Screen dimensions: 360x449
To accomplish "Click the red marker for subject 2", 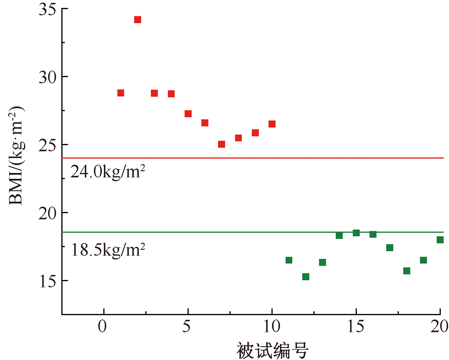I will pos(138,20).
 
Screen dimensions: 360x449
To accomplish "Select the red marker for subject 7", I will pos(222,144).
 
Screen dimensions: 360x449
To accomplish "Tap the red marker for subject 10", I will pos(272,124).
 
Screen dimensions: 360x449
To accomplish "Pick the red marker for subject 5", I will pos(188,114).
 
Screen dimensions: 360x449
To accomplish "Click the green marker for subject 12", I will pos(306,277).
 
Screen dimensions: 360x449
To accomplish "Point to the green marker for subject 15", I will pos(356,233).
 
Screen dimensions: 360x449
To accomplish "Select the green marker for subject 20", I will pos(440,240).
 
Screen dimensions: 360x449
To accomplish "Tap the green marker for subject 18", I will pos(407,271).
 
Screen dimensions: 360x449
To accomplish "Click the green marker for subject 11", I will pos(289,260).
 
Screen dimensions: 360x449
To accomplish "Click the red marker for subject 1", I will pos(121,93).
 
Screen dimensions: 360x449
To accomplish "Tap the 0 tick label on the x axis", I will pos(102,327).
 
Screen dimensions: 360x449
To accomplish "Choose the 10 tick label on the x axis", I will pos(272,327).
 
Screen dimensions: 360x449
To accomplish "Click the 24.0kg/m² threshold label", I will pos(108,172).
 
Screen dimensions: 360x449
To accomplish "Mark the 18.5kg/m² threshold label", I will pos(108,250).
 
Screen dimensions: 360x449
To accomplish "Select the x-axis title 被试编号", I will pos(272,350).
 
